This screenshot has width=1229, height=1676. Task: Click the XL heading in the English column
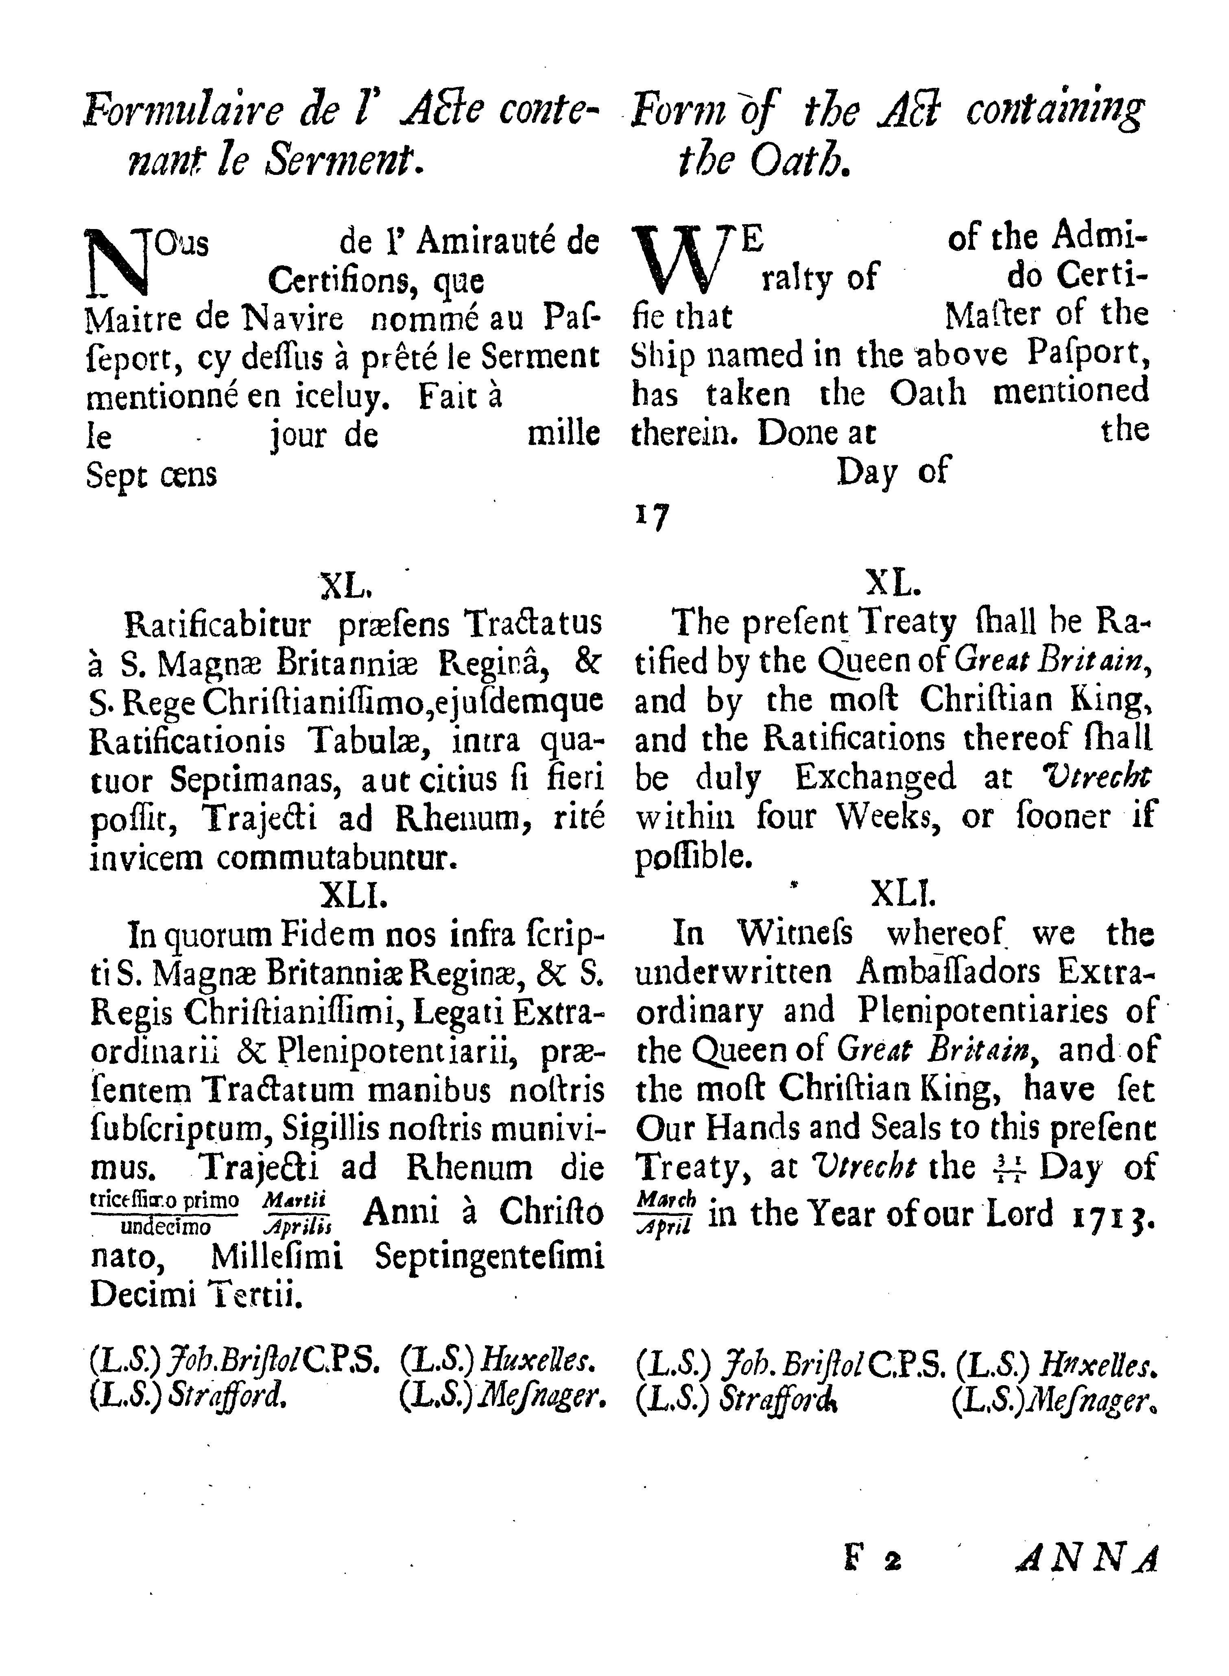click(894, 585)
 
